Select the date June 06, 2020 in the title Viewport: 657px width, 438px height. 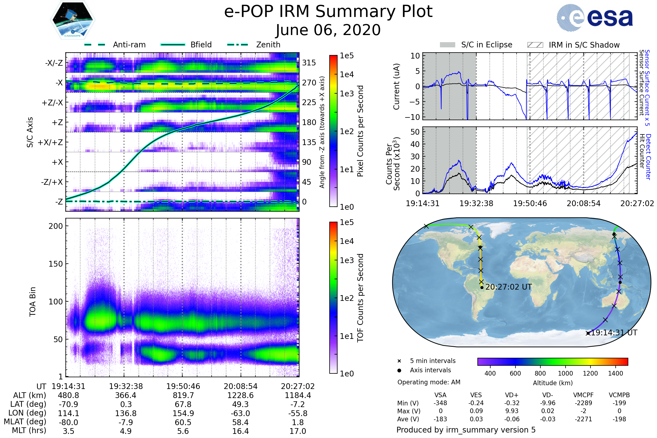tap(328, 30)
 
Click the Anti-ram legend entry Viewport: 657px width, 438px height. tap(115, 45)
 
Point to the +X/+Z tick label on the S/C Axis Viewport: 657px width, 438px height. tap(50, 142)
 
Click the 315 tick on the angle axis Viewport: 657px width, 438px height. tap(309, 63)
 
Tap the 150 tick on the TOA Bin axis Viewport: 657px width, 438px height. tap(56, 264)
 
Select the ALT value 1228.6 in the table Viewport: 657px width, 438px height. tap(240, 395)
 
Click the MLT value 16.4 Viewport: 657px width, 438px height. tap(240, 431)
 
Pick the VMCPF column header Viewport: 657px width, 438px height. tap(583, 395)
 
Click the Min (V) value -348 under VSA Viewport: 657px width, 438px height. tap(440, 403)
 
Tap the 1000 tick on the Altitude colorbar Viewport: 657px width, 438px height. tap(565, 373)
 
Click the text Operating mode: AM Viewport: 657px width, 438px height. tap(429, 382)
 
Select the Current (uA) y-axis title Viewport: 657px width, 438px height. tap(396, 86)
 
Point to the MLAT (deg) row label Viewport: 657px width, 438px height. tap(25, 422)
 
